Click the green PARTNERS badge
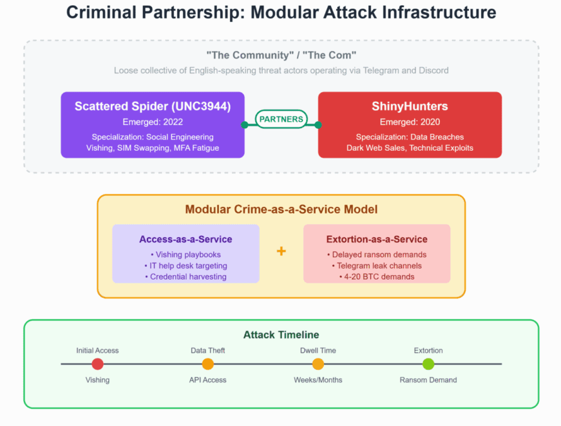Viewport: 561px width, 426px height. click(x=281, y=119)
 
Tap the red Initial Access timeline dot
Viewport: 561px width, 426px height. click(x=98, y=364)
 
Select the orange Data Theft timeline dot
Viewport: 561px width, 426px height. click(x=208, y=364)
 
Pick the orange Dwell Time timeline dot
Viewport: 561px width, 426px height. click(x=318, y=364)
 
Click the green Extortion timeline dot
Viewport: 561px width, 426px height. click(x=429, y=364)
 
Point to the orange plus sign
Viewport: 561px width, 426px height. click(x=281, y=251)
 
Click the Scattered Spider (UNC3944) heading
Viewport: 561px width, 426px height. click(x=153, y=107)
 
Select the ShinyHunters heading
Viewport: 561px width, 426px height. click(x=410, y=107)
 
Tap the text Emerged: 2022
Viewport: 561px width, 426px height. click(x=153, y=122)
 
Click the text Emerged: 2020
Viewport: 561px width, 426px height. click(x=410, y=122)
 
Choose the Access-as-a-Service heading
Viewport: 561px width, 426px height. click(x=186, y=239)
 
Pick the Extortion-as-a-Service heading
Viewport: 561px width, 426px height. click(x=377, y=239)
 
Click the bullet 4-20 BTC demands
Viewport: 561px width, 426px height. click(x=377, y=276)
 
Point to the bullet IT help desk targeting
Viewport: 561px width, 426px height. click(x=186, y=266)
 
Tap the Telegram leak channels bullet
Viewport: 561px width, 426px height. click(x=377, y=266)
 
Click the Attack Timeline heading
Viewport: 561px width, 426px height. click(x=281, y=335)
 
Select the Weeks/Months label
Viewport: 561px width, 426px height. click(x=318, y=380)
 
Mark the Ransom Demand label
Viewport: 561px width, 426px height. click(x=429, y=380)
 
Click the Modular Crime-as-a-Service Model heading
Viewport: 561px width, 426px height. click(x=281, y=210)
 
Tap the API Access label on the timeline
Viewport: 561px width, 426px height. click(x=208, y=380)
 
